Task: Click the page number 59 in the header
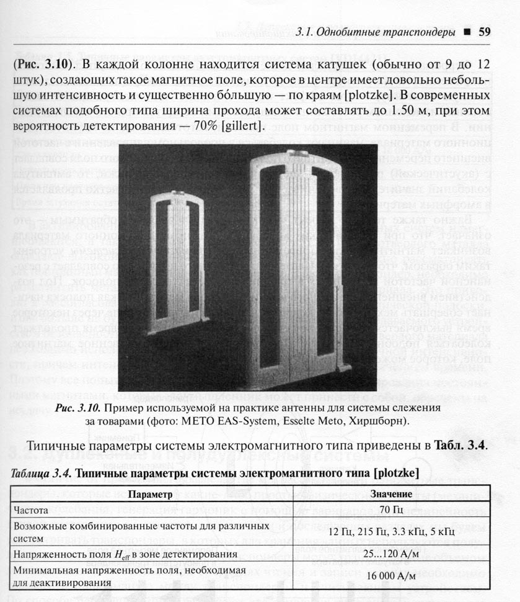click(485, 32)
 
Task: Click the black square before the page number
click(467, 32)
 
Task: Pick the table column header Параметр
click(152, 495)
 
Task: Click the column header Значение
click(391, 495)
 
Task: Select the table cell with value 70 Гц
click(391, 510)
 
